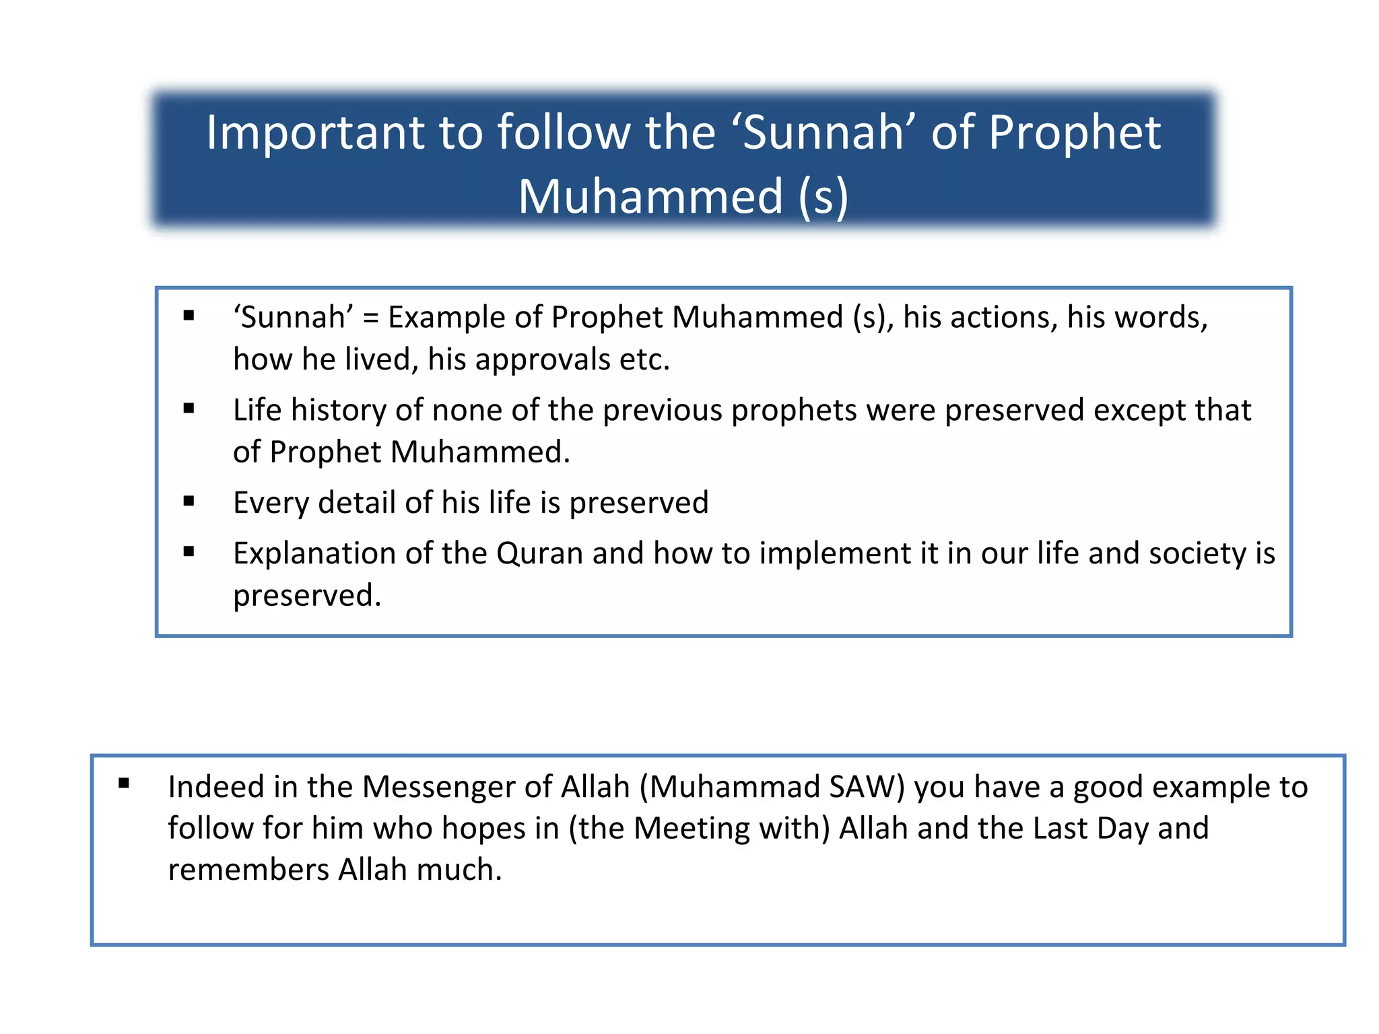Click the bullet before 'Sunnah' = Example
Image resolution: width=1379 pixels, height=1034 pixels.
coord(189,315)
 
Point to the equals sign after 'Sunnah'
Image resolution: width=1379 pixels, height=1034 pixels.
coord(370,318)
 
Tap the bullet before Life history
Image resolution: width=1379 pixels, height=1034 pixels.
coord(189,408)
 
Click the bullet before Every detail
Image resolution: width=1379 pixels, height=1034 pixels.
coord(189,501)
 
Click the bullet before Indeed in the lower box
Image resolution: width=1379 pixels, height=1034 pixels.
coord(124,783)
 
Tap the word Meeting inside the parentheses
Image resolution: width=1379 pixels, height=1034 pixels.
coord(691,829)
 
